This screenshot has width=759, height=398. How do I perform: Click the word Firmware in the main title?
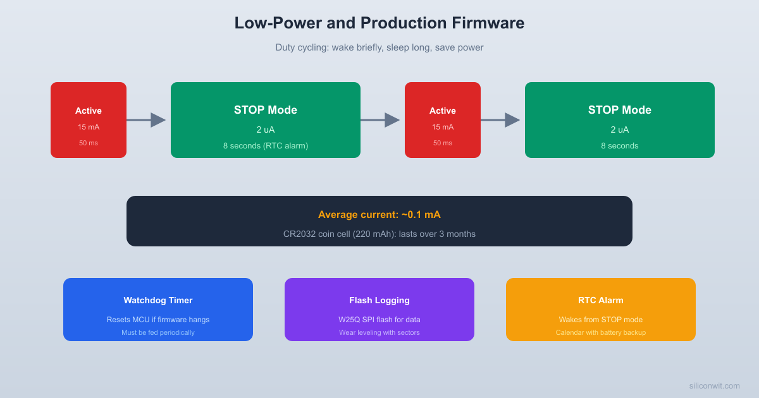pos(488,23)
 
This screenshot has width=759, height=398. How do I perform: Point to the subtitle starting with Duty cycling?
pos(379,47)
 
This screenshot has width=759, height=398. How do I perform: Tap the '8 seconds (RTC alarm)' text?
pos(265,146)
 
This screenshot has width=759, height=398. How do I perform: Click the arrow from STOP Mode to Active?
pos(380,120)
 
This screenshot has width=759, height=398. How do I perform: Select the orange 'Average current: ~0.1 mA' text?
pos(379,215)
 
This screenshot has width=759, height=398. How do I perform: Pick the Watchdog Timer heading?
pos(157,300)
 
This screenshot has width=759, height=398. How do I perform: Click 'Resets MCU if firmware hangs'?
pos(157,320)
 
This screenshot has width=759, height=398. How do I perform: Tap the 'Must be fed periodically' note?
pos(157,332)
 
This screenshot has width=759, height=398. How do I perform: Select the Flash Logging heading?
pos(379,300)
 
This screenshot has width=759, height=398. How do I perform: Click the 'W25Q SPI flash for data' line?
pos(379,320)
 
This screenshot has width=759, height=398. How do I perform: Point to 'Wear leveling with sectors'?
pos(379,332)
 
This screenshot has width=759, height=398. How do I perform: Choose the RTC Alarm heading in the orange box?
pos(600,300)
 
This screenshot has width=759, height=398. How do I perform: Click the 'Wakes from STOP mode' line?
pos(600,320)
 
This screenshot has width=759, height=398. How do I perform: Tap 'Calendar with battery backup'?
pos(600,332)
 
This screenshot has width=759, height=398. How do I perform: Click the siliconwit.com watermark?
pos(714,385)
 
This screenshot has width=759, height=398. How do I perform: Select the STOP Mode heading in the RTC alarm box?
pos(265,110)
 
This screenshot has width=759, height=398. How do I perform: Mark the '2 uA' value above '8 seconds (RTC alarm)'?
pos(265,130)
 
